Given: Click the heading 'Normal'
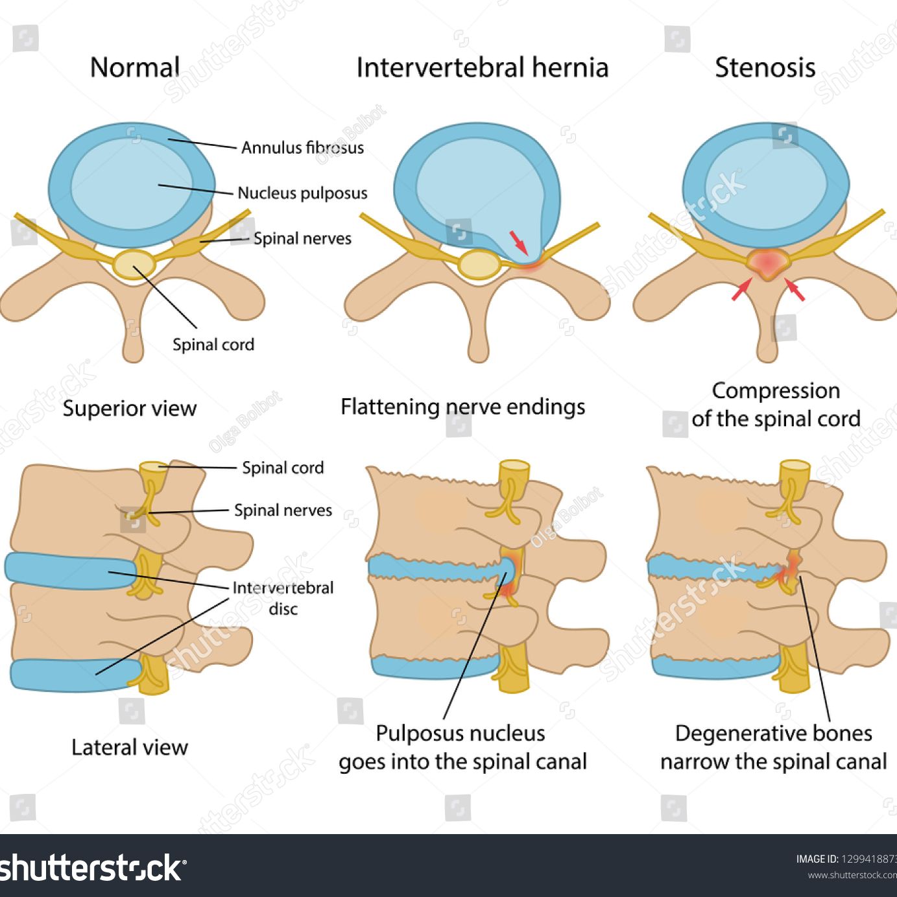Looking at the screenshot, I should coord(135,67).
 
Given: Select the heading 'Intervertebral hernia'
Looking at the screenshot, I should coord(482,67).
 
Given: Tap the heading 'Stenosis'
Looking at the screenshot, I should coord(765,67).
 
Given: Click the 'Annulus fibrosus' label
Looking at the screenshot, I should coord(302,148).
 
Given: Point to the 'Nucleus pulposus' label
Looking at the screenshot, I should coord(302,193).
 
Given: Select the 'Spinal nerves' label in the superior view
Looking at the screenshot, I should coord(302,239).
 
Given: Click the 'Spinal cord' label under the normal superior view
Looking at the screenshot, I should coord(213,344).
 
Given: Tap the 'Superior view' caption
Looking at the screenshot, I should coord(129,409).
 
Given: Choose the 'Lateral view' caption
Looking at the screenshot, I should coord(129,747).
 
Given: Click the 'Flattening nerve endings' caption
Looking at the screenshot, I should coord(462,407).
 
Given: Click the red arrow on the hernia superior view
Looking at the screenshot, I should coord(520,242).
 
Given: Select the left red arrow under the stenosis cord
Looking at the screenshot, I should coord(741,289).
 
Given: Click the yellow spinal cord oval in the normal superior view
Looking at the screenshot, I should coord(134,264).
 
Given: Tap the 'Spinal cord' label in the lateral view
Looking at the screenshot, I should coord(283,468).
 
